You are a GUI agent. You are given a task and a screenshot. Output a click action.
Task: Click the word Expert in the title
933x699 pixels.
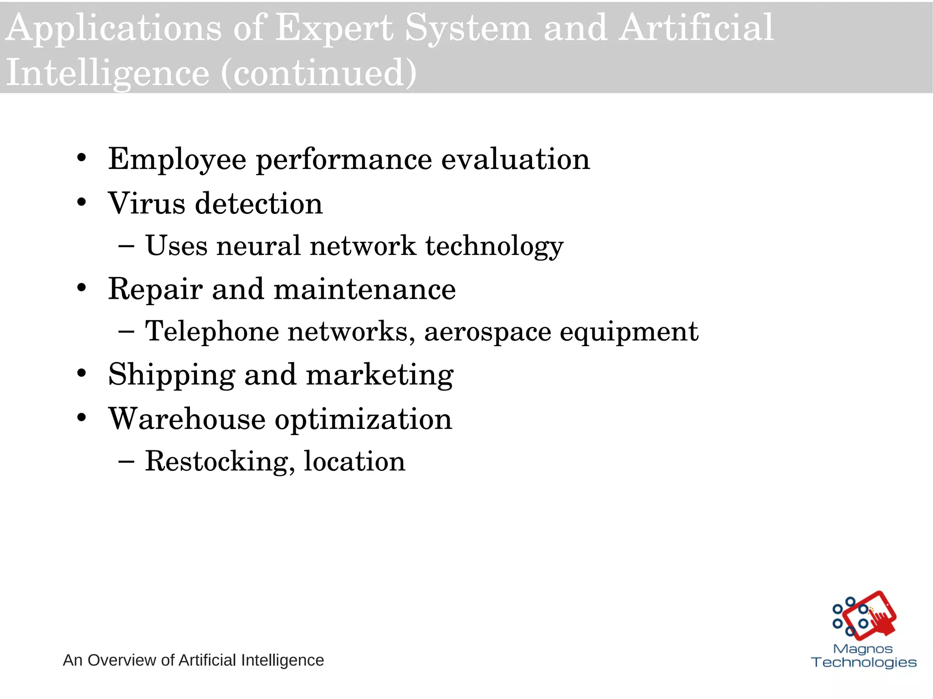[334, 28]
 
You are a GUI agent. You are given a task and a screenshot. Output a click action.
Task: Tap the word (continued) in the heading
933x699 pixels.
[318, 73]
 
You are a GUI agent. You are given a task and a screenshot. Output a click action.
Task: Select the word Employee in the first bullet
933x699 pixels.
[177, 160]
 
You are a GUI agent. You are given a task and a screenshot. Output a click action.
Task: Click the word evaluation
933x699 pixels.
[515, 159]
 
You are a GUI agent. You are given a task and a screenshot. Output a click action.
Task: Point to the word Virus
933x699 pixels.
[146, 203]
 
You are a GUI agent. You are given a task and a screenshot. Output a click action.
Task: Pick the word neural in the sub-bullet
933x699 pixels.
[258, 246]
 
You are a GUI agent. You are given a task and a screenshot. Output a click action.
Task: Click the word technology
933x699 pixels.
[494, 247]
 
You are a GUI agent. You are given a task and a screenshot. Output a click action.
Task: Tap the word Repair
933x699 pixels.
[155, 290]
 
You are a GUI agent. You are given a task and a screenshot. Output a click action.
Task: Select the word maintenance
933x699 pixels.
[364, 289]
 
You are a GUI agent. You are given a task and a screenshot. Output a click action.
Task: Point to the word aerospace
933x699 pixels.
[487, 332]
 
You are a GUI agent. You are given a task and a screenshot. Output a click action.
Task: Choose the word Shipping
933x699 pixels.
[171, 375]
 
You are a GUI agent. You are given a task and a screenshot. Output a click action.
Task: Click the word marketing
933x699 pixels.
[379, 375]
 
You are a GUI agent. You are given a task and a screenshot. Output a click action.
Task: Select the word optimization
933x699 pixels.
[363, 419]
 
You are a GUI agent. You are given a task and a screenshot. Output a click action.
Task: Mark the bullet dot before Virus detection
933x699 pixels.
[82, 202]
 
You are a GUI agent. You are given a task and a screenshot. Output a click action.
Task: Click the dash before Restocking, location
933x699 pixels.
[126, 461]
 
